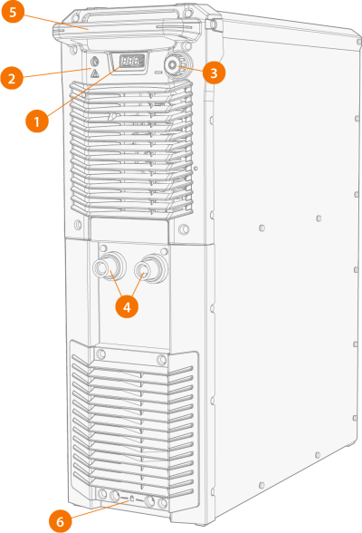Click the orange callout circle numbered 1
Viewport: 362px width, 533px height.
click(x=37, y=121)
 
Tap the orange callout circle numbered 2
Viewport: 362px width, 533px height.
click(x=12, y=79)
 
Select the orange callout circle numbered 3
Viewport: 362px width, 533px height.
click(x=214, y=73)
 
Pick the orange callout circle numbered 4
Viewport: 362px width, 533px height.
click(x=127, y=307)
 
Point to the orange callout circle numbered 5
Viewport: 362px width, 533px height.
click(x=13, y=12)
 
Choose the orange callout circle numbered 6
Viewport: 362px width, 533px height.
click(x=61, y=521)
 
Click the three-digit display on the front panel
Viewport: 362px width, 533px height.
click(x=131, y=62)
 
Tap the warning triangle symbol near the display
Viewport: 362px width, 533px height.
click(x=95, y=73)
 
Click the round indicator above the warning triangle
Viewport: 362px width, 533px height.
click(x=95, y=62)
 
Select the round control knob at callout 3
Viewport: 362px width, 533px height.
click(x=173, y=64)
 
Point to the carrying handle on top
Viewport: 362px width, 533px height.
click(x=126, y=26)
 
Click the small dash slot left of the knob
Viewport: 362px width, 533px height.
click(x=158, y=73)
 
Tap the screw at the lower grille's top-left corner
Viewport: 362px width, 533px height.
click(x=100, y=354)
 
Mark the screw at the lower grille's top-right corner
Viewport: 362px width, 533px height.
click(x=161, y=360)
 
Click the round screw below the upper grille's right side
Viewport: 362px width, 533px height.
click(x=183, y=228)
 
